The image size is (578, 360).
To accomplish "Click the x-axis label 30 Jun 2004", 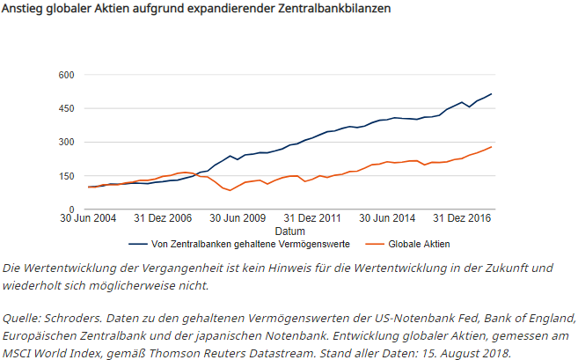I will (x=88, y=217).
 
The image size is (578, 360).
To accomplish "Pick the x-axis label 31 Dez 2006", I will (x=163, y=217).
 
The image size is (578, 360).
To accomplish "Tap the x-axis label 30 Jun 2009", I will (x=238, y=217).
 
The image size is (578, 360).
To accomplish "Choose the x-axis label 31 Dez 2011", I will (x=314, y=217).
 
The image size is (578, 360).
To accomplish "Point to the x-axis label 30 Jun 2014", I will (x=389, y=217).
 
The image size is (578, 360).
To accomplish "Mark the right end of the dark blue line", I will (x=492, y=93).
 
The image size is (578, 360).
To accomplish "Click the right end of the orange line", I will (x=492, y=147).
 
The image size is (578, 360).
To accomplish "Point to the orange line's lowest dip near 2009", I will (x=230, y=190).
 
